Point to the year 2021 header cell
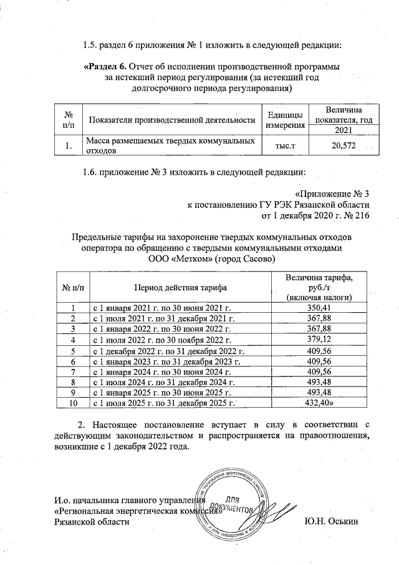342,130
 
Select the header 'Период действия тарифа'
178,287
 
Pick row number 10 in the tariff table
73,403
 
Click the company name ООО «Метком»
181,258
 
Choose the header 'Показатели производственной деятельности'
173,120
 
